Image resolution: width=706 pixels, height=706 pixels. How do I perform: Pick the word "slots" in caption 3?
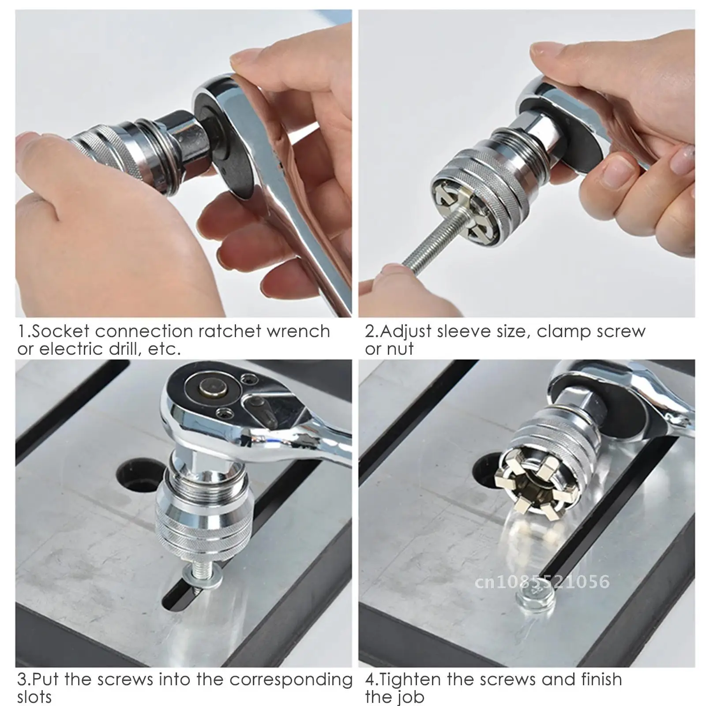coord(34,697)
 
